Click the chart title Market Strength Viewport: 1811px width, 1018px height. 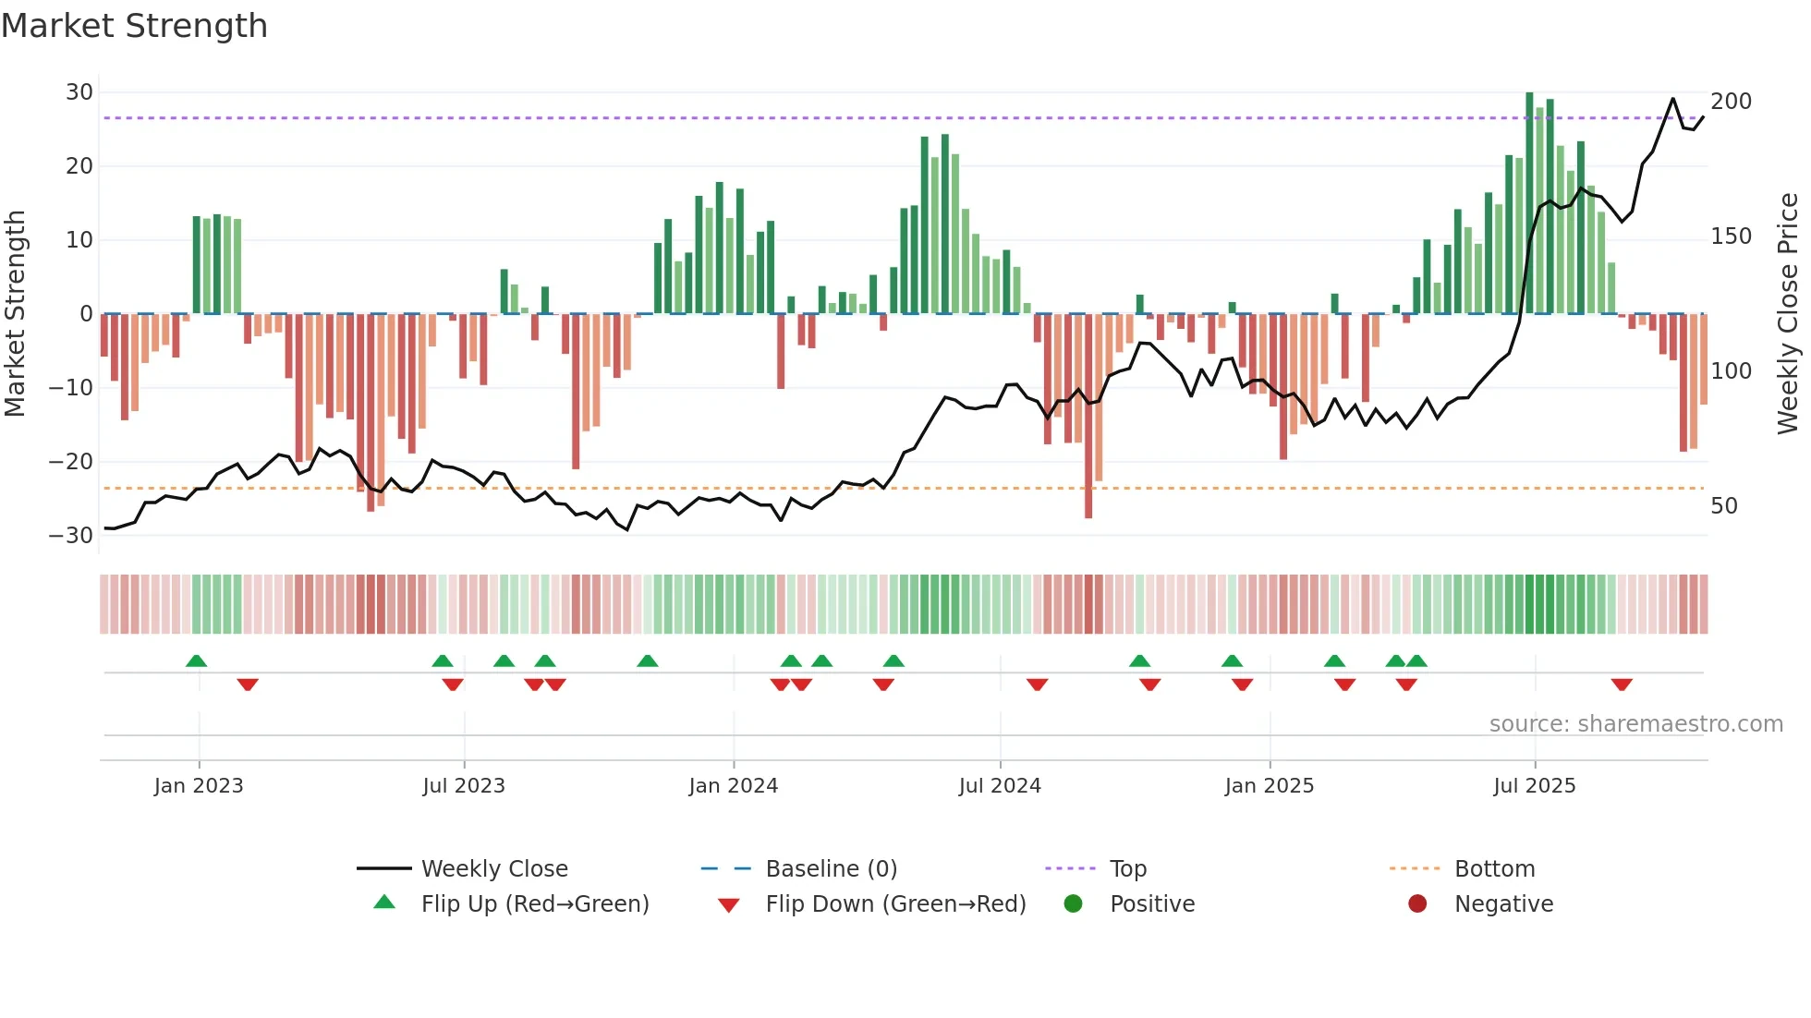click(134, 26)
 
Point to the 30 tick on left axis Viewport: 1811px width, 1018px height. click(79, 92)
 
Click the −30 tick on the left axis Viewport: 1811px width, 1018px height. click(72, 536)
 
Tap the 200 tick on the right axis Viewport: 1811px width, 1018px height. click(1731, 102)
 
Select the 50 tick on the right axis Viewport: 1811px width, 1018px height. click(1724, 506)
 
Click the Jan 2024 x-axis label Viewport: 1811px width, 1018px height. click(733, 786)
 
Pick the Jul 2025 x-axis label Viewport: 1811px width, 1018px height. click(1534, 786)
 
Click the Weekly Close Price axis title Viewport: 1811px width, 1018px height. click(1788, 314)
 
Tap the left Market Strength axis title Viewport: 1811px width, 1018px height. click(16, 314)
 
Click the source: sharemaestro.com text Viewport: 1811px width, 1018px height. click(1635, 724)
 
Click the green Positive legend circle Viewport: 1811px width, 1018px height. click(1073, 904)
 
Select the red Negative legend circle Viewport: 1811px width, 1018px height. click(1417, 904)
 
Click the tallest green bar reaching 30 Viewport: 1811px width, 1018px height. click(1529, 203)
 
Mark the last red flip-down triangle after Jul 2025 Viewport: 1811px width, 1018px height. click(1622, 685)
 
